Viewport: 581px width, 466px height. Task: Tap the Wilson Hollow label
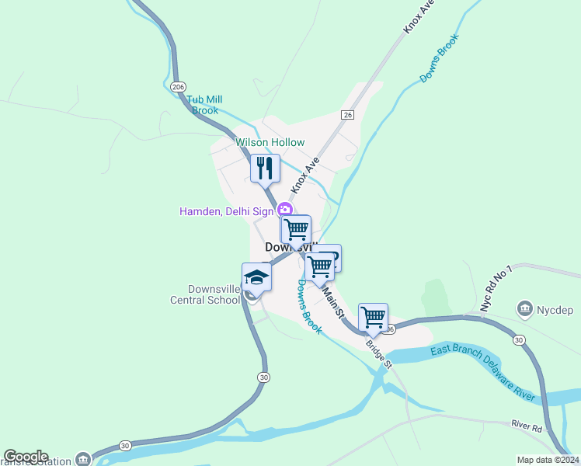[270, 143]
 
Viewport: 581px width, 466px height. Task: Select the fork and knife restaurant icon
[265, 167]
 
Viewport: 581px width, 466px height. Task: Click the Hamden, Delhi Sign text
[227, 211]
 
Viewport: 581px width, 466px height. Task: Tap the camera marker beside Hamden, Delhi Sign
[285, 210]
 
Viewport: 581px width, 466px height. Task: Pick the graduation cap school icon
[257, 276]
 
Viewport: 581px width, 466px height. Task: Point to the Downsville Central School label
[205, 294]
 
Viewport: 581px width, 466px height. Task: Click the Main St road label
[332, 303]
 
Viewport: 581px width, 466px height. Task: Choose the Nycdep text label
[555, 310]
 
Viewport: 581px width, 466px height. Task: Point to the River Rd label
[527, 426]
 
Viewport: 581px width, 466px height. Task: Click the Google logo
[26, 457]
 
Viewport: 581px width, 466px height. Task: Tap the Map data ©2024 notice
[548, 460]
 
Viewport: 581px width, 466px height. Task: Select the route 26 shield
[347, 115]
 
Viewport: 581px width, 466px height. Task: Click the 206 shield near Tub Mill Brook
[179, 86]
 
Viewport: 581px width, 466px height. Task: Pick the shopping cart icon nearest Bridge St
[374, 317]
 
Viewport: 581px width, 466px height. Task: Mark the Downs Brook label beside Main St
[309, 307]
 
